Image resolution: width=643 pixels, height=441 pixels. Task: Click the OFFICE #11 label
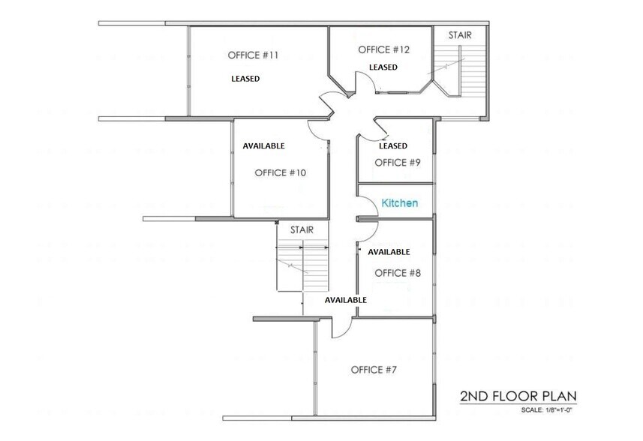coord(252,55)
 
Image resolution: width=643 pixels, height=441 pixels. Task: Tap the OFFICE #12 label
coord(383,49)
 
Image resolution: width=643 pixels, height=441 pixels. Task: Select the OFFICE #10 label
coord(280,172)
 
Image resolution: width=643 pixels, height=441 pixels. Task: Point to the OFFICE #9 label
coord(397,162)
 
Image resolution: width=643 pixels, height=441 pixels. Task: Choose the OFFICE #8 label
coord(397,273)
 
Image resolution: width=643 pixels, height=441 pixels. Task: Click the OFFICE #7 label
coord(374,370)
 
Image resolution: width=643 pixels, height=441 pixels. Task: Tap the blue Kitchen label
coord(400,203)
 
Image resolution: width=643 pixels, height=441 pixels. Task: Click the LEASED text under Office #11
coord(245,78)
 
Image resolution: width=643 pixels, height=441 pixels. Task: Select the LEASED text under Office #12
coord(383,67)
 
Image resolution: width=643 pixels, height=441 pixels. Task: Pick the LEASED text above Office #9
coord(393,145)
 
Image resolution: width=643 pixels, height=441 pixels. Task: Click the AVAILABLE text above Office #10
coord(263,145)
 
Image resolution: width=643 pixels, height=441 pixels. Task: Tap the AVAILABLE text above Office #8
coord(389,252)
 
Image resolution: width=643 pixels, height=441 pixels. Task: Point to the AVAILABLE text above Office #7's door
coord(345,300)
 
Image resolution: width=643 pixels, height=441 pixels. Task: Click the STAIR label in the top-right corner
coord(460,35)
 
